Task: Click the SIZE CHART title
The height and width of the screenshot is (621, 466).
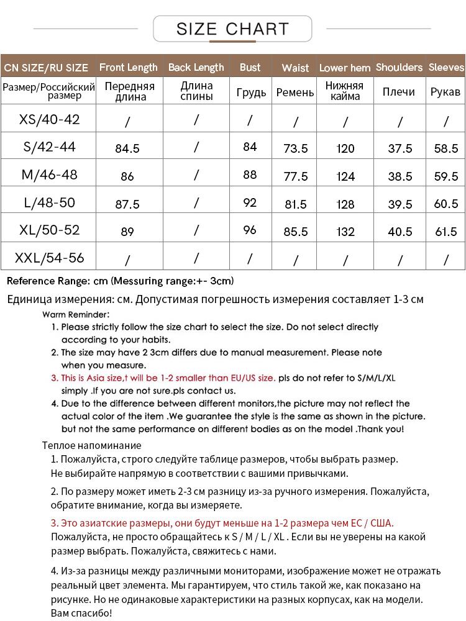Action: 232,29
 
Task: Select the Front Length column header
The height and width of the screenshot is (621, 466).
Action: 128,67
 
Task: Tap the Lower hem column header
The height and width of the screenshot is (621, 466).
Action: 345,68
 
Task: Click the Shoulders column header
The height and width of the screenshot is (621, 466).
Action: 399,67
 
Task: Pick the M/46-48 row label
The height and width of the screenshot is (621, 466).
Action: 49,175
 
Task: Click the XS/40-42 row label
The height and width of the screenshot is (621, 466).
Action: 50,119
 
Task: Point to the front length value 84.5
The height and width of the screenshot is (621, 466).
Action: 127,148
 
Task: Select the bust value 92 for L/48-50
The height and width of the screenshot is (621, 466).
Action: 250,202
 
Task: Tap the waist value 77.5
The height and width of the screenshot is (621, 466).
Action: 295,176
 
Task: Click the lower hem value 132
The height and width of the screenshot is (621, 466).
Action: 345,232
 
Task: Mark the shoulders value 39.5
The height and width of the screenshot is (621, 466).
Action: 400,204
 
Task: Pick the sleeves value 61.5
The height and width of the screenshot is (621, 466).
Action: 446,232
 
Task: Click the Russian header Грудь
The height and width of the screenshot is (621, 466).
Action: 251,93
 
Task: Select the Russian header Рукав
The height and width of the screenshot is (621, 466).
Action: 445,92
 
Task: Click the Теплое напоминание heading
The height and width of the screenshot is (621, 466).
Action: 91,445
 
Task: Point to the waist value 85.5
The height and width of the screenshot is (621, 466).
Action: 295,232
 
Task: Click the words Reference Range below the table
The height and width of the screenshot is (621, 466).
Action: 42,281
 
